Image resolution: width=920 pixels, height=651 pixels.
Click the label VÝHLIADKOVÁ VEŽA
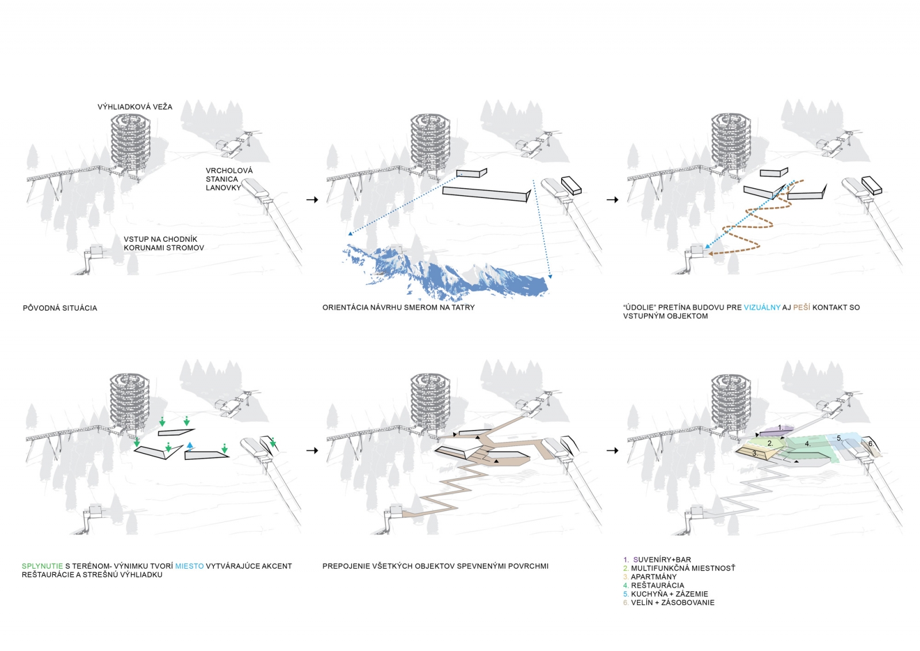pos(135,106)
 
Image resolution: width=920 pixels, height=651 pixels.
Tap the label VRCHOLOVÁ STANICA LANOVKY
pos(229,179)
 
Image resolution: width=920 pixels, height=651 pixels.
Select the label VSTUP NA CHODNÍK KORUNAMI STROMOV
pos(163,243)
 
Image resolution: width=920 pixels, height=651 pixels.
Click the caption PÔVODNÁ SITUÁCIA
pos(60,308)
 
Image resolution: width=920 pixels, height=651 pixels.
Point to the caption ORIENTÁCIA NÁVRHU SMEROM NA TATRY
pos(398,307)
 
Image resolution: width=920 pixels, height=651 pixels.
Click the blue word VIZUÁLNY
pos(762,307)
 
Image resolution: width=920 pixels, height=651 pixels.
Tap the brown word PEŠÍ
pos(802,307)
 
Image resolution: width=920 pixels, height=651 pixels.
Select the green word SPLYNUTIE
pos(42,566)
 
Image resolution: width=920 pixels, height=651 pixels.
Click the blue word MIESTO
pos(189,566)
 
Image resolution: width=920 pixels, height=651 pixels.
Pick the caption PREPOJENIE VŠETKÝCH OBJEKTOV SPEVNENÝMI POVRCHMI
pos(435,566)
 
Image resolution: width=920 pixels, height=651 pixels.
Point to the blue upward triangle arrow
pos(190,445)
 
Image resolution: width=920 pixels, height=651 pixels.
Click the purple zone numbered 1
pos(779,429)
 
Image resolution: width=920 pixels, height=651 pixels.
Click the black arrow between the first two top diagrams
pos(312,200)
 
